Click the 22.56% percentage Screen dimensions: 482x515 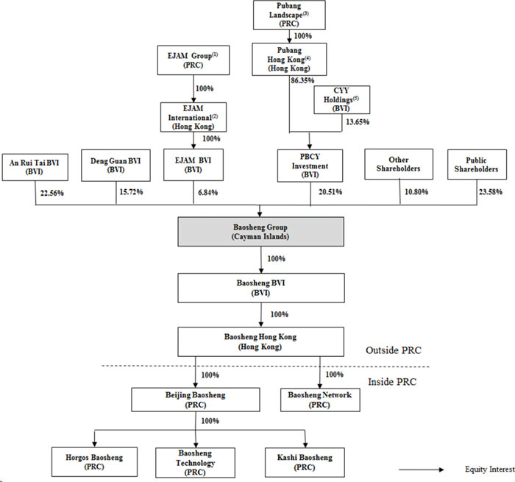(51, 194)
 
